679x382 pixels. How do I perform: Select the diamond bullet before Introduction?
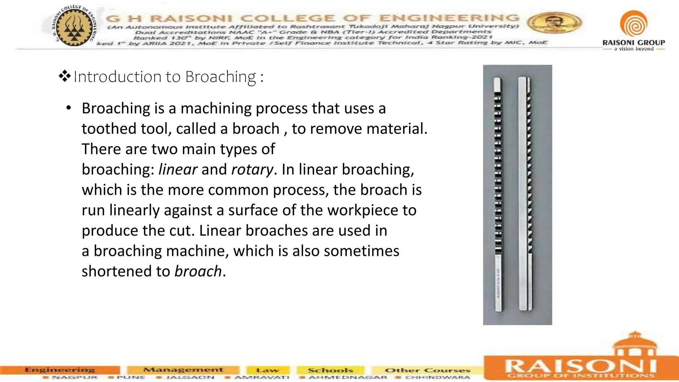click(x=65, y=77)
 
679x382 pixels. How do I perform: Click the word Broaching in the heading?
click(x=220, y=77)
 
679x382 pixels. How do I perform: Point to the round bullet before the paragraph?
click(x=69, y=108)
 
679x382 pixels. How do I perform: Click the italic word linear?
click(x=178, y=169)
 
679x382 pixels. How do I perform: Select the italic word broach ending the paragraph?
click(x=198, y=271)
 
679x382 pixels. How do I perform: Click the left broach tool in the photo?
click(x=498, y=195)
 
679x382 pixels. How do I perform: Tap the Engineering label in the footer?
click(x=60, y=370)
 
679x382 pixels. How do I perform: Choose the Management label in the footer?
click(x=183, y=370)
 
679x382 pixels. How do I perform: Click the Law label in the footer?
click(x=268, y=370)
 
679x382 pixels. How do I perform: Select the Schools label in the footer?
click(x=331, y=370)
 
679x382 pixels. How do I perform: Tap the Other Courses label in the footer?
click(x=427, y=370)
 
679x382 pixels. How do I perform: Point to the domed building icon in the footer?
click(x=635, y=345)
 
